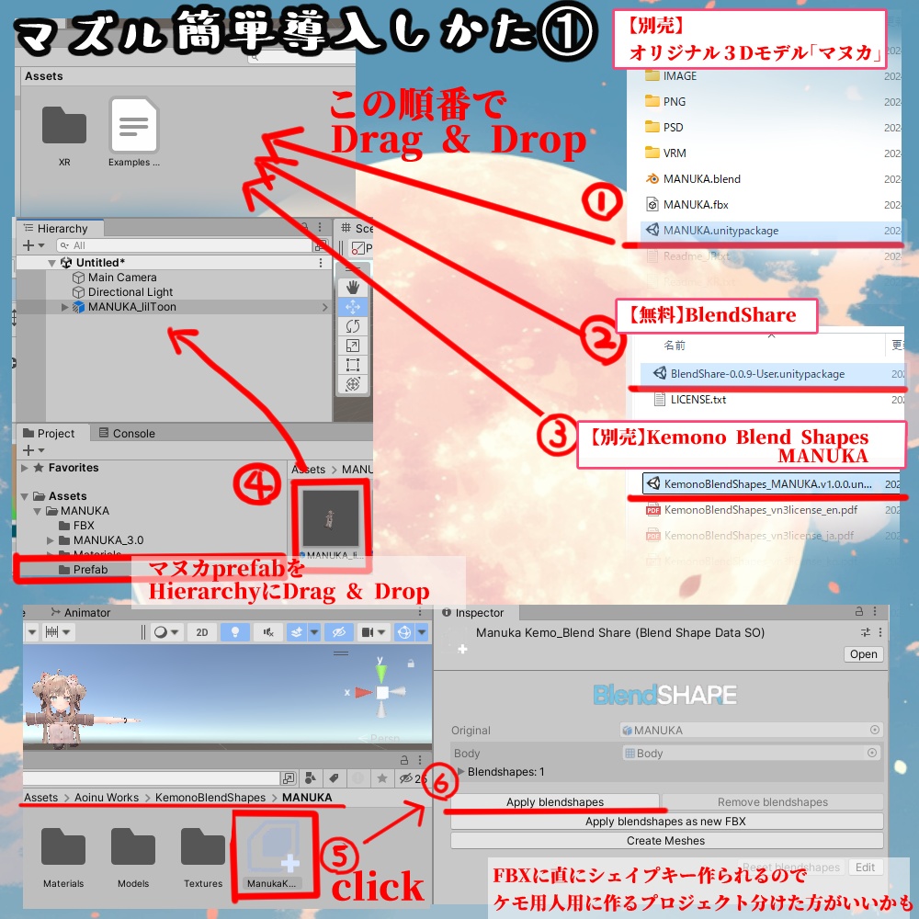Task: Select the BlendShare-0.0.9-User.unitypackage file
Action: pyautogui.click(x=757, y=374)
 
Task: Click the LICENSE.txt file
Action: pyautogui.click(x=698, y=400)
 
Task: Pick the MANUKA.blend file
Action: pyautogui.click(x=701, y=179)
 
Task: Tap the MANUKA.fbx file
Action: pyautogui.click(x=695, y=205)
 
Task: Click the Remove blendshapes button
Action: pyautogui.click(x=772, y=802)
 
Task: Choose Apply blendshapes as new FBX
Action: pyautogui.click(x=665, y=822)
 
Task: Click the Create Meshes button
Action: pyautogui.click(x=665, y=841)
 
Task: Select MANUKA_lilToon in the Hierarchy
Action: pyautogui.click(x=131, y=307)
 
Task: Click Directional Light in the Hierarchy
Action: pyautogui.click(x=130, y=292)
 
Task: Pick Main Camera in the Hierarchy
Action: pyautogui.click(x=122, y=278)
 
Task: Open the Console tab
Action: pyautogui.click(x=133, y=434)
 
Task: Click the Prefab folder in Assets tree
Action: pyautogui.click(x=90, y=570)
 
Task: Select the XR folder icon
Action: pyautogui.click(x=64, y=126)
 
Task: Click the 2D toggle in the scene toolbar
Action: pyautogui.click(x=201, y=632)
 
